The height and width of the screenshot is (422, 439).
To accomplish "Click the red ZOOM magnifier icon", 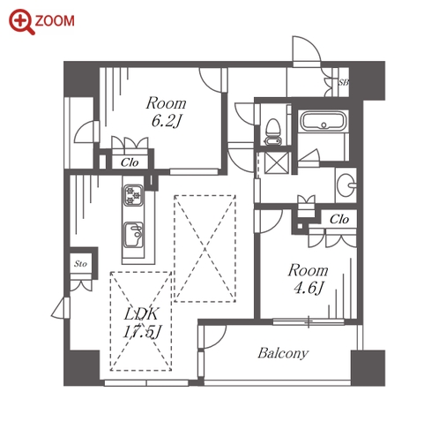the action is coord(21,22).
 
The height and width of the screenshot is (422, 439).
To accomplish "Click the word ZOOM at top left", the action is coord(55,21).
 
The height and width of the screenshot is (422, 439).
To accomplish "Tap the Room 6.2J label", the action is coord(167,111).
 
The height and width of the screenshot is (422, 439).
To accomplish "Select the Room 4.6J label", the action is coord(309,278).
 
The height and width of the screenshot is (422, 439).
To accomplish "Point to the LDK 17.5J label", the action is coord(142,322).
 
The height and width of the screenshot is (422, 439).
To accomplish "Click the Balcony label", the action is coord(283,353).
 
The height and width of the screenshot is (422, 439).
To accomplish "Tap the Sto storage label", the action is coord(80,264).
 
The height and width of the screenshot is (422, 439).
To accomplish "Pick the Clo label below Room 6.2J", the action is coord(130,162).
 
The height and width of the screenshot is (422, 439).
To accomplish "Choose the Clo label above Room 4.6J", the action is coord(339,219).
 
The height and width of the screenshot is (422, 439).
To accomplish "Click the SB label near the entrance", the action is coord(343,82).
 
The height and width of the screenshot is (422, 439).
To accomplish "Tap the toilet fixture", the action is coord(273,132).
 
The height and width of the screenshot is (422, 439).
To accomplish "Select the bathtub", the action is coord(323,122).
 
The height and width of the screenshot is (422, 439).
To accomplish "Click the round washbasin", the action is coord(346,185).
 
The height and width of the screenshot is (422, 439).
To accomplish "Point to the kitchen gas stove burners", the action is coord(133,195).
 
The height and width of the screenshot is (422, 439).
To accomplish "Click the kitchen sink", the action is coord(133,236).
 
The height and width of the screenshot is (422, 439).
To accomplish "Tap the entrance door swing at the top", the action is coord(306,49).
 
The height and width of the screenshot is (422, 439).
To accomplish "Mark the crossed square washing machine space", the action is coord(277,162).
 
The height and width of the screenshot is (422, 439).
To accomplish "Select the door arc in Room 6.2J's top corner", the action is coord(210,79).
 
